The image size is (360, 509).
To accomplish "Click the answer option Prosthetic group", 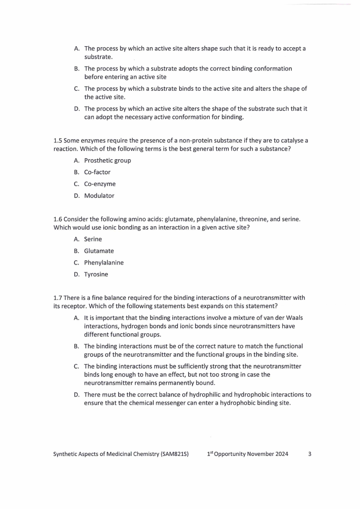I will tap(107, 161).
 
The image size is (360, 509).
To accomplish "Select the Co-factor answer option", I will tap(97, 172).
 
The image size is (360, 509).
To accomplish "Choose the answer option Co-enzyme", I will tap(100, 184).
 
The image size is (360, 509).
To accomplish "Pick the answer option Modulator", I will tap(99, 196).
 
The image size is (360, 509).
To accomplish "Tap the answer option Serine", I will tap(93, 239).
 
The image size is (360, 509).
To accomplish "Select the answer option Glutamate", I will tap(99, 251).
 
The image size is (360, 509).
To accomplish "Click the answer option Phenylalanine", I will tap(104, 263).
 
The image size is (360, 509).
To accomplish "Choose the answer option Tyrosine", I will tap(96, 274).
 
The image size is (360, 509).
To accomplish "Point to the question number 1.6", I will tap(58, 219).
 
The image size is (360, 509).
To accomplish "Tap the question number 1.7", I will tap(58, 298).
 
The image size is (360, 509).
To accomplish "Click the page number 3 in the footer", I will tap(310, 454).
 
